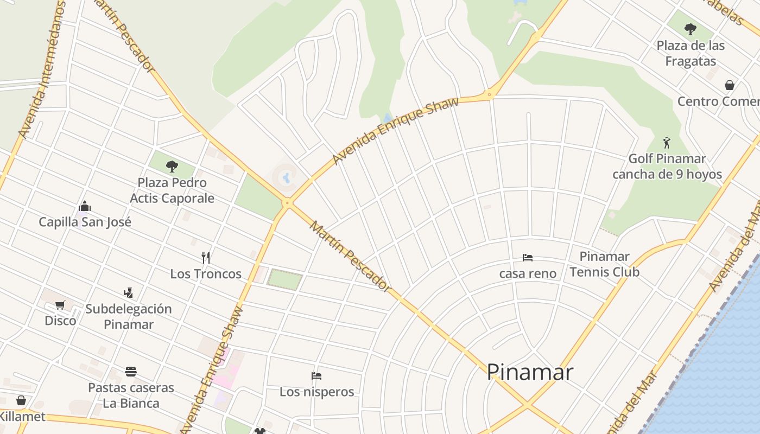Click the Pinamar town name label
529,372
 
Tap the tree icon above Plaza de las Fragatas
690,29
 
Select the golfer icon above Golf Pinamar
667,143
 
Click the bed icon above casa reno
527,257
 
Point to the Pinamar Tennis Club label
604,264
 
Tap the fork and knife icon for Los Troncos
205,257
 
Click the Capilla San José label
85,222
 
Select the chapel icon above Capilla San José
85,206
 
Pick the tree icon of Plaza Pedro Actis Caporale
172,166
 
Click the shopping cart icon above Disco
60,305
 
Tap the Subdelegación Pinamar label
129,316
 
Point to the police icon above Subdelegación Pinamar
128,293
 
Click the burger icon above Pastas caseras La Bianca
130,372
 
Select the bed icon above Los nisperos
316,375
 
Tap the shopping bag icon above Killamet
21,400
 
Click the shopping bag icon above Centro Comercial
730,85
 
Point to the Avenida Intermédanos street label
42,71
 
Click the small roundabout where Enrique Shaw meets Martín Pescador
287,203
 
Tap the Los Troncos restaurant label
206,273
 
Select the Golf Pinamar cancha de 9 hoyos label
667,167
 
